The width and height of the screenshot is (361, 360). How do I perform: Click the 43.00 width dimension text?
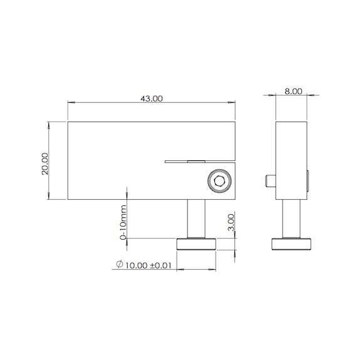pos(150,99)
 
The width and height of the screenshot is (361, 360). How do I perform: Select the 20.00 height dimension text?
pos(45,164)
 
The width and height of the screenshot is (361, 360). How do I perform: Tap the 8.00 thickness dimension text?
pos(293,91)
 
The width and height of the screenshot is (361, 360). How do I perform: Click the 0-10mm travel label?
pos(123,223)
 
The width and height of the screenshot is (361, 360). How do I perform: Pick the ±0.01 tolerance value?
pos(161,265)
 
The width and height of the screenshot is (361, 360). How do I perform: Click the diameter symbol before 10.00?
pos(119,265)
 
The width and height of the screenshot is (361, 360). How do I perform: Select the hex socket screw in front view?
pos(220,182)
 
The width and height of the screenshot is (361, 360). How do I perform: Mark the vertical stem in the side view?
pos(291,219)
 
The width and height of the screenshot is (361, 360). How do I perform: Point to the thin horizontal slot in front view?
pos(188,162)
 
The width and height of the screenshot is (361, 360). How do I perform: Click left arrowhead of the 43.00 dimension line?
pos(70,103)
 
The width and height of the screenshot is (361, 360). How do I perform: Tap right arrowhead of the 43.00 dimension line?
pos(233,103)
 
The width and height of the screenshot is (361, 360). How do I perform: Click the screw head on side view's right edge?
pos(307,181)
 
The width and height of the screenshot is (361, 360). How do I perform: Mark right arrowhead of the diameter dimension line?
pos(213,270)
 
